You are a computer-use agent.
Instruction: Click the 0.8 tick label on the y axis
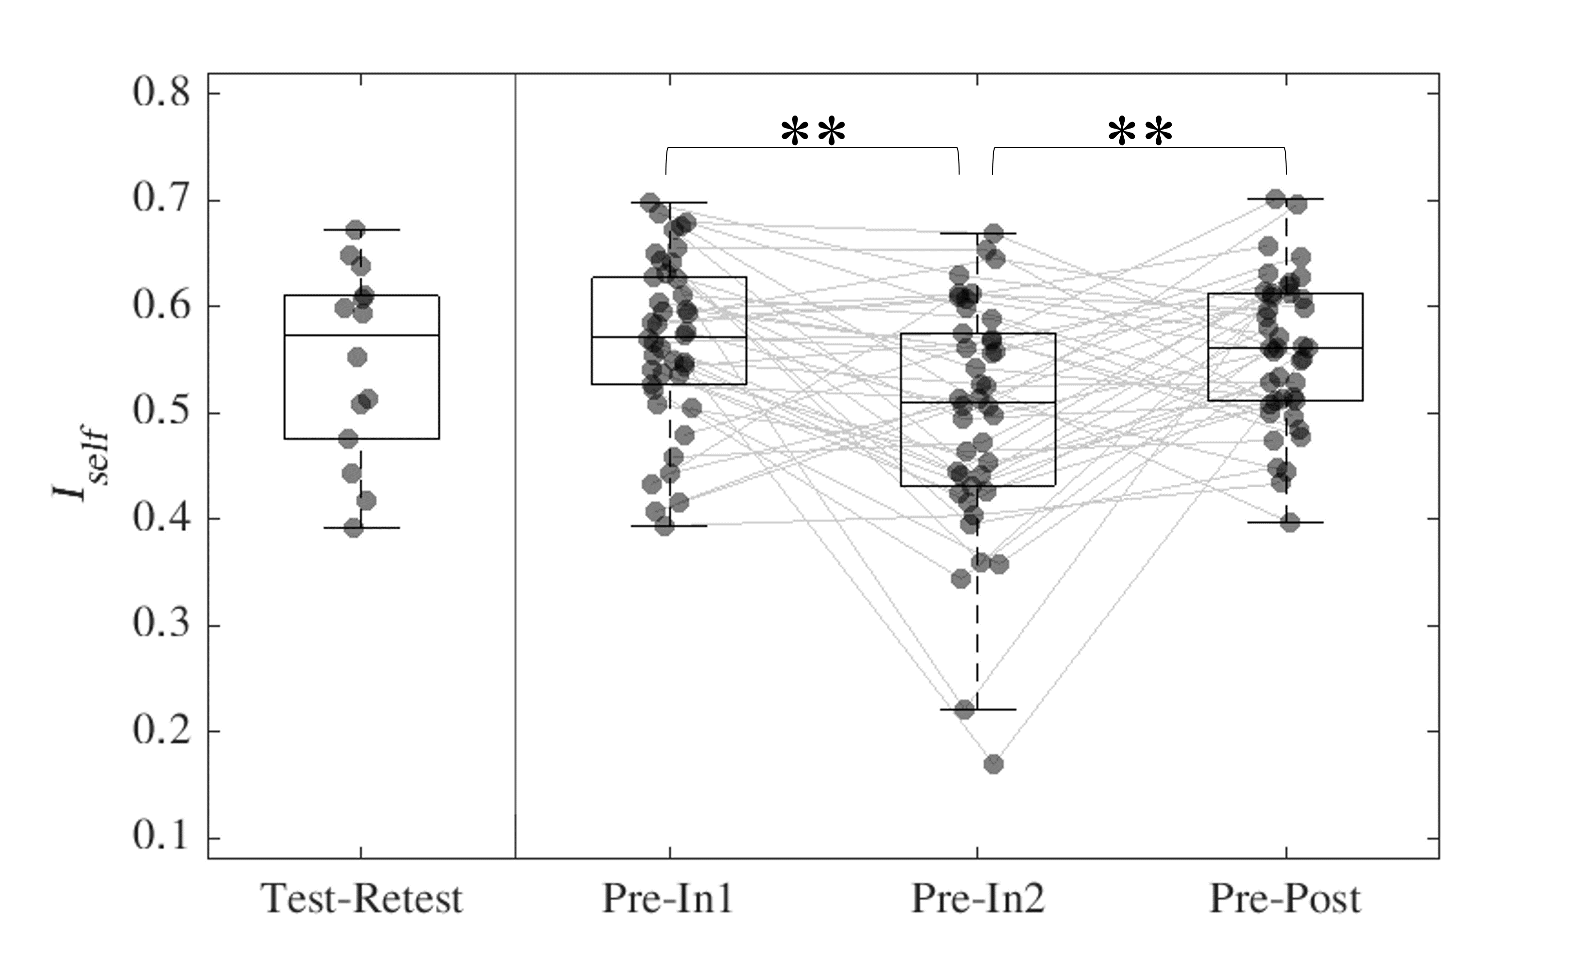(162, 93)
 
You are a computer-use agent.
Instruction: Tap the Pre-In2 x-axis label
(977, 898)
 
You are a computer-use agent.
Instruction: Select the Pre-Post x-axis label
(1285, 898)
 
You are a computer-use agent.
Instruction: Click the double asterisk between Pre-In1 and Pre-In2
(813, 133)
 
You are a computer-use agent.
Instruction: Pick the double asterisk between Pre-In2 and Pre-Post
(1140, 133)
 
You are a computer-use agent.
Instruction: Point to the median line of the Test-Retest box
(362, 335)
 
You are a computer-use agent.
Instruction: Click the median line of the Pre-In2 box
(978, 402)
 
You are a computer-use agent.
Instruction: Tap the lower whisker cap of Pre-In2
(978, 709)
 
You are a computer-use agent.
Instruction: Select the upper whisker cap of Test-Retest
(362, 229)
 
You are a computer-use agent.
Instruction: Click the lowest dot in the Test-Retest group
(353, 528)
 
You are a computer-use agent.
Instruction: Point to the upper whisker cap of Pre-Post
(1286, 199)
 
